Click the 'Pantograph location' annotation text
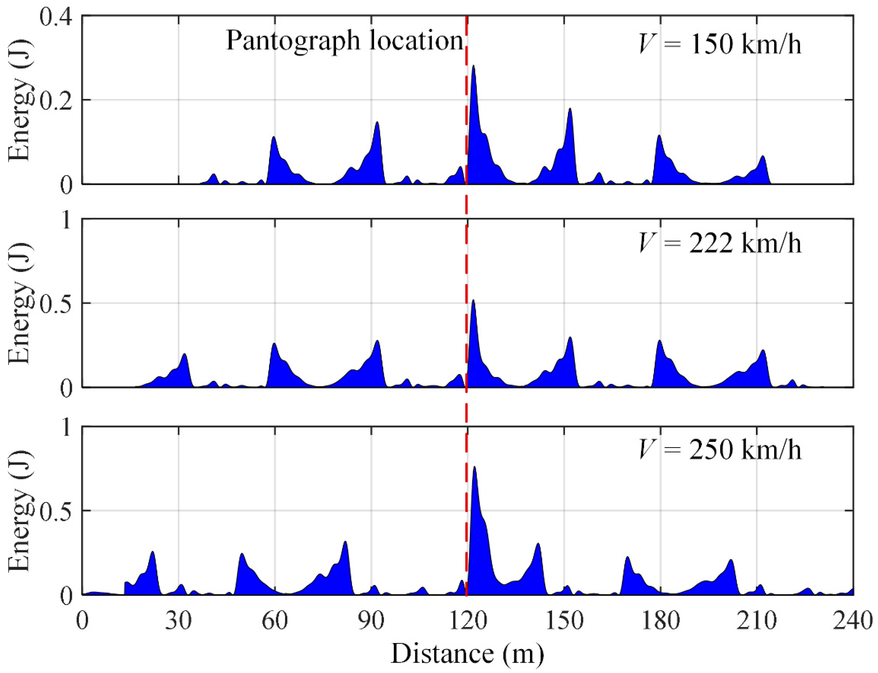pyautogui.click(x=344, y=41)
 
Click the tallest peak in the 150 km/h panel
pyautogui.click(x=474, y=66)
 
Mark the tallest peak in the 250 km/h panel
pyautogui.click(x=474, y=468)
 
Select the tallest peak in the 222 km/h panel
pyautogui.click(x=474, y=301)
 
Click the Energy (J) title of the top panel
pyautogui.click(x=19, y=100)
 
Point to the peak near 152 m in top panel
pyautogui.click(x=570, y=109)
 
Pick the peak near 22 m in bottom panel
pyautogui.click(x=153, y=552)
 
